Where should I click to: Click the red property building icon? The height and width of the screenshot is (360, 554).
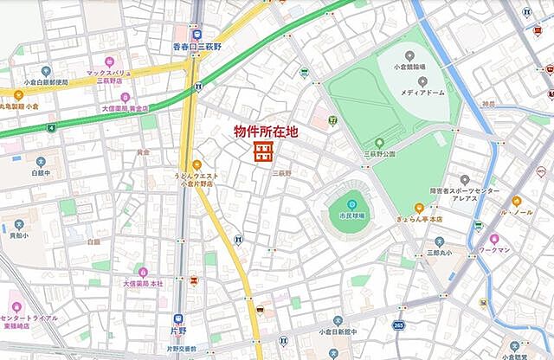pyautogui.click(x=262, y=153)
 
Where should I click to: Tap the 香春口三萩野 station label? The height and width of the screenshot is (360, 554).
pyautogui.click(x=196, y=47)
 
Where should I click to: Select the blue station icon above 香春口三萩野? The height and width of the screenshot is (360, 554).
pyautogui.click(x=196, y=34)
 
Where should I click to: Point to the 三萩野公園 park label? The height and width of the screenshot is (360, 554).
pyautogui.click(x=378, y=153)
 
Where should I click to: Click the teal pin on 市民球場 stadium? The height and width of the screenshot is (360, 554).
pyautogui.click(x=351, y=203)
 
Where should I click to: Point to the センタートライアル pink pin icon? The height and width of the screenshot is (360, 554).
pyautogui.click(x=14, y=307)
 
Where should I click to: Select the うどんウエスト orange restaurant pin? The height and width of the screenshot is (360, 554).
pyautogui.click(x=196, y=164)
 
